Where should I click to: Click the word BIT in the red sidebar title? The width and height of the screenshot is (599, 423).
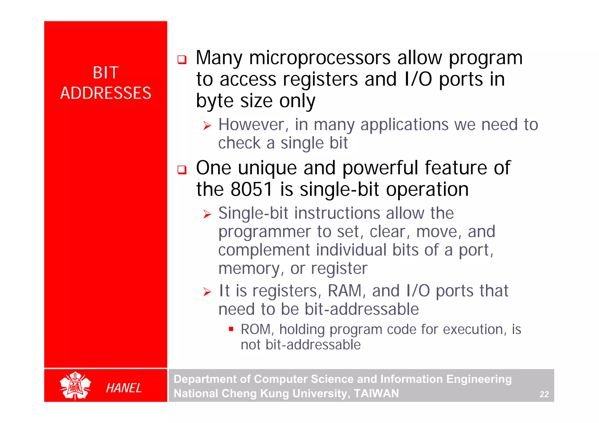pyautogui.click(x=106, y=73)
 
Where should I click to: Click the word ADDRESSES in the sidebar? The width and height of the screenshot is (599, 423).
pyautogui.click(x=106, y=93)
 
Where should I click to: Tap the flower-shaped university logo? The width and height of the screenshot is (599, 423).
pyautogui.click(x=75, y=386)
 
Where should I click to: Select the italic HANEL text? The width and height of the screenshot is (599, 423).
pyautogui.click(x=124, y=388)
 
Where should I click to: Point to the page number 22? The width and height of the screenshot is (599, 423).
pyautogui.click(x=544, y=394)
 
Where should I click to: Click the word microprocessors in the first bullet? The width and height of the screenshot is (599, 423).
pyautogui.click(x=320, y=58)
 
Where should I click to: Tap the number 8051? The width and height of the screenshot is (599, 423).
pyautogui.click(x=252, y=189)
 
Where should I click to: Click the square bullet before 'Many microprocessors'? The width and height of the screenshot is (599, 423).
pyautogui.click(x=182, y=60)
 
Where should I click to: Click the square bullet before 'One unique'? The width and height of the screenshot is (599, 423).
pyautogui.click(x=182, y=170)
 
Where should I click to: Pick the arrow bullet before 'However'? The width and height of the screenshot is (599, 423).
pyautogui.click(x=207, y=126)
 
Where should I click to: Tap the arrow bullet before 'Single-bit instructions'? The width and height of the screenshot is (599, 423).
pyautogui.click(x=207, y=214)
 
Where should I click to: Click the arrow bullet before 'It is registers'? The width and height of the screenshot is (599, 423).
pyautogui.click(x=207, y=292)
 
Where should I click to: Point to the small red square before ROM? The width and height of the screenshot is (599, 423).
pyautogui.click(x=231, y=329)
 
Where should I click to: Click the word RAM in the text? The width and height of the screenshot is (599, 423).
pyautogui.click(x=345, y=291)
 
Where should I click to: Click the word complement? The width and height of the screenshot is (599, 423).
pyautogui.click(x=264, y=250)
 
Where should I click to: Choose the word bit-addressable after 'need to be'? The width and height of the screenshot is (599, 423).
pyautogui.click(x=362, y=309)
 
